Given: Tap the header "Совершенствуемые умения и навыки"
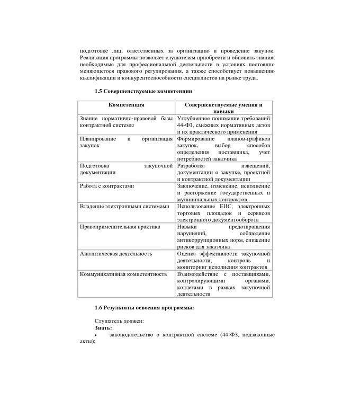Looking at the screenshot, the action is (223, 109).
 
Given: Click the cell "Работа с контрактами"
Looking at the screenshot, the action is (107, 186).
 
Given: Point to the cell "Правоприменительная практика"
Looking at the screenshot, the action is (120, 227).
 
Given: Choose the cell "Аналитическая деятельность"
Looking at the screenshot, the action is (116, 254).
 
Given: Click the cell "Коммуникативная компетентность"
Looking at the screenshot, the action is (123, 274).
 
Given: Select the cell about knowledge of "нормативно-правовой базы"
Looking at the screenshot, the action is (126, 122).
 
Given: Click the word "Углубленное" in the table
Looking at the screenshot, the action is (195, 118).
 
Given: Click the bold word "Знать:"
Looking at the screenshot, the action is (103, 328).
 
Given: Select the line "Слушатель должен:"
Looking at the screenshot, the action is (119, 321).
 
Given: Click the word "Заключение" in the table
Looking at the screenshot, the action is (194, 186).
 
